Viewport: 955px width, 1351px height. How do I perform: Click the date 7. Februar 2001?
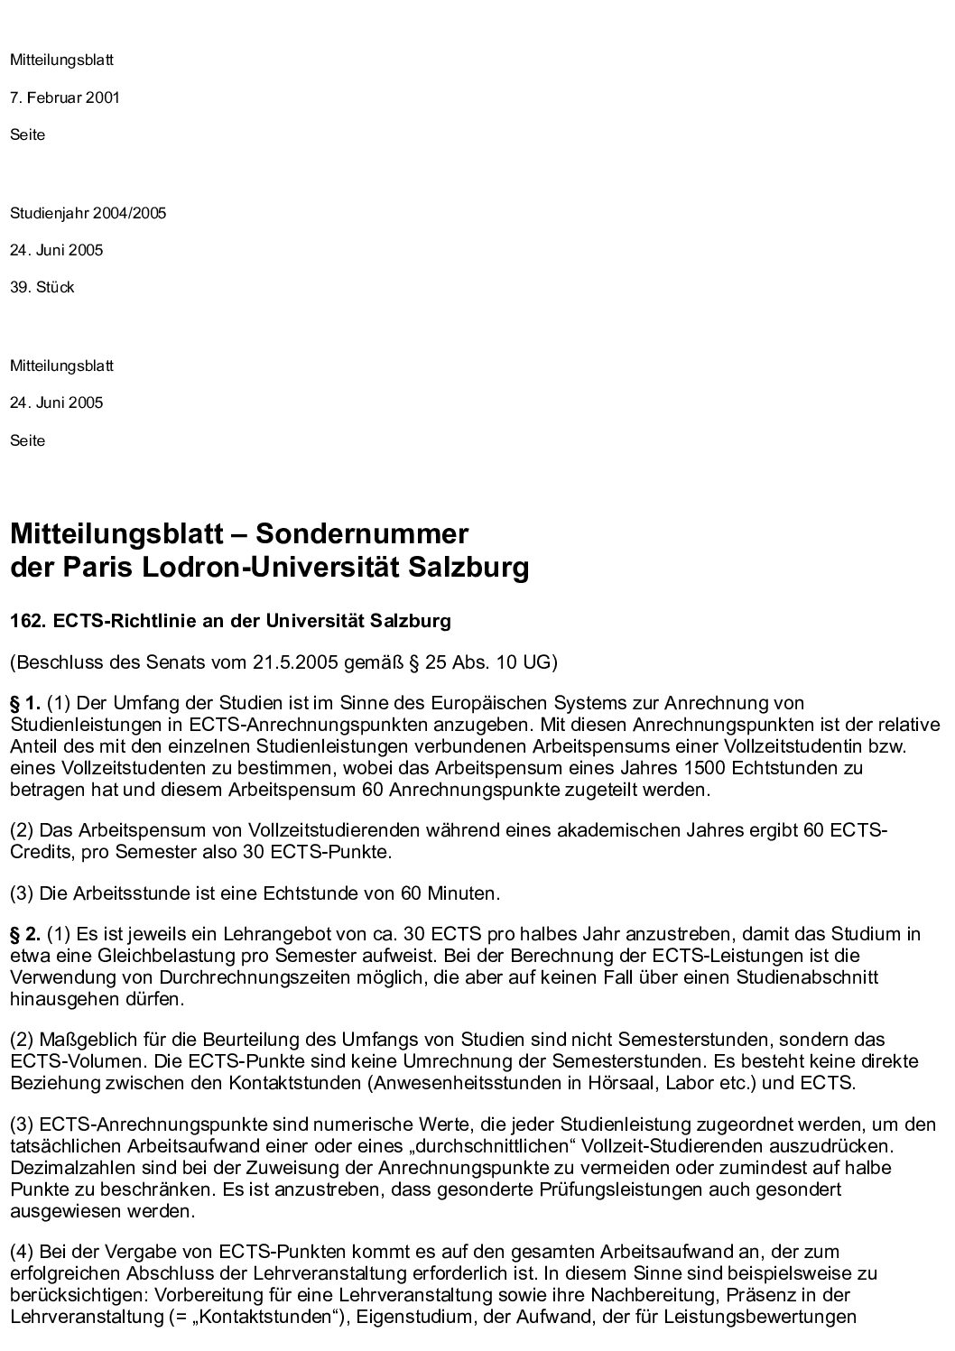[x=65, y=97]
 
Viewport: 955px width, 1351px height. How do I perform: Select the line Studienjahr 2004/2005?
[x=88, y=214]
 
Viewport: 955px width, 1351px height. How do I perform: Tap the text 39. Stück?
[x=42, y=288]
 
